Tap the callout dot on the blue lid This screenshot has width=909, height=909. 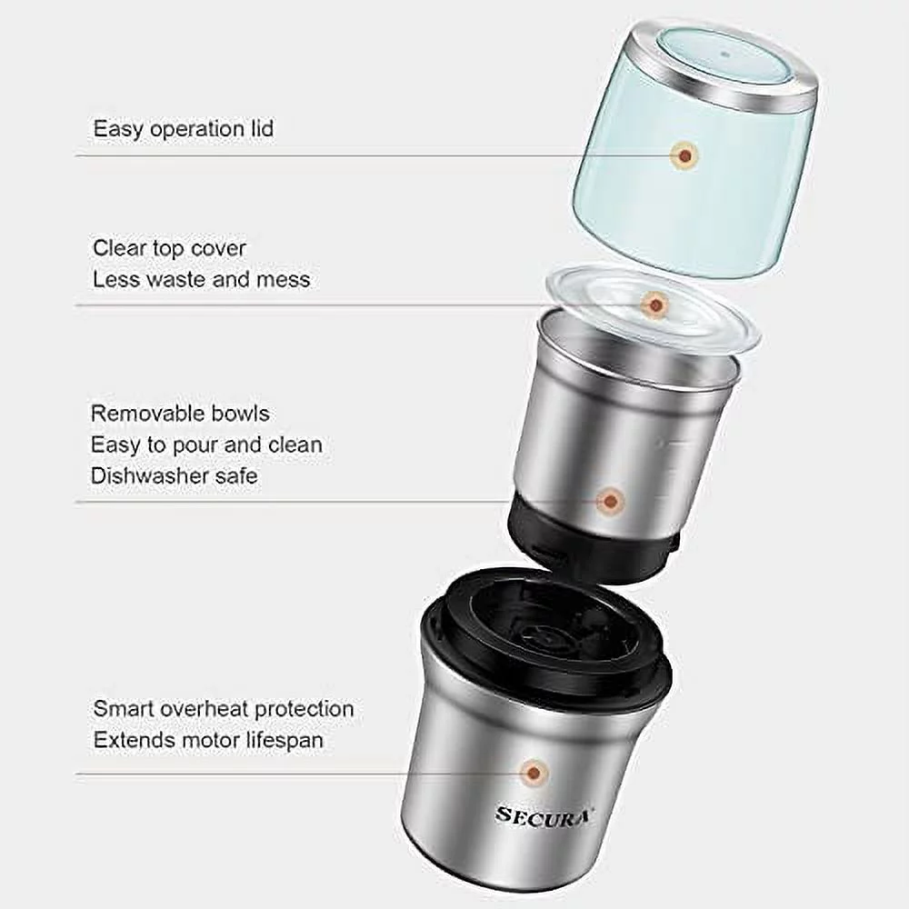pyautogui.click(x=684, y=156)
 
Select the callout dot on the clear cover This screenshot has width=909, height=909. pyautogui.click(x=654, y=305)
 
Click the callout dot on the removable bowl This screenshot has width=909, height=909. pyautogui.click(x=611, y=500)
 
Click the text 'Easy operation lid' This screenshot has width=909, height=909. pyautogui.click(x=183, y=129)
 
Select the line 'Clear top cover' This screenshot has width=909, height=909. pyautogui.click(x=169, y=247)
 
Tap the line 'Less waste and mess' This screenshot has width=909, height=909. pyautogui.click(x=201, y=279)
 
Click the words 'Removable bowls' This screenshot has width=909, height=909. pyautogui.click(x=180, y=414)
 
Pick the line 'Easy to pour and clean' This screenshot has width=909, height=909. pyautogui.click(x=206, y=445)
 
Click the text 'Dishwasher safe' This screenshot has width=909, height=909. pyautogui.click(x=174, y=475)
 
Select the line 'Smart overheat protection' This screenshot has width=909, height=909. pyautogui.click(x=223, y=708)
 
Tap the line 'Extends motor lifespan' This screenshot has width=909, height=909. pyautogui.click(x=208, y=740)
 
